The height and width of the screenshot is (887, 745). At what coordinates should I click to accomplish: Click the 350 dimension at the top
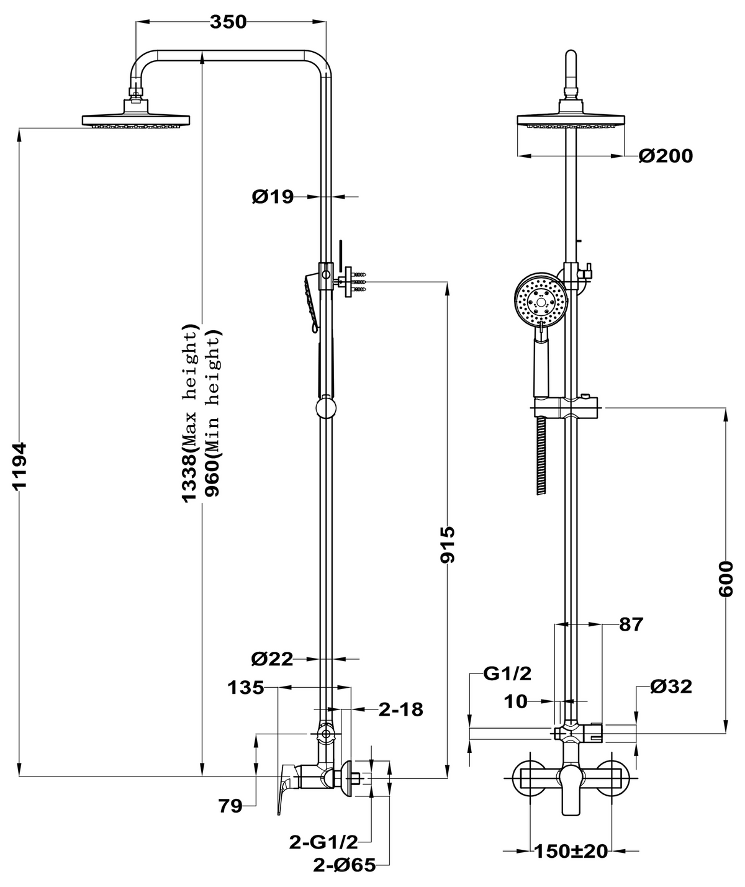pos(228,22)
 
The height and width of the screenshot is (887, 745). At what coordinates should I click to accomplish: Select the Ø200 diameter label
pos(666,156)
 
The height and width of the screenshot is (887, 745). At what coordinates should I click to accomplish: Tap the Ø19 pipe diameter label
pos(272,197)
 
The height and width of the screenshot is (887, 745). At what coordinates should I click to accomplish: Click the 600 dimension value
pos(726,579)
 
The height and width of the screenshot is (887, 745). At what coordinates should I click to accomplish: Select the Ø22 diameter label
pos(272,659)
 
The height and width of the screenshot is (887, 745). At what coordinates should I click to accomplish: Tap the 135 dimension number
pos(246,688)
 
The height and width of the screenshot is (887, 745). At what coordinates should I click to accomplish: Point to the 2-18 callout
pos(401,709)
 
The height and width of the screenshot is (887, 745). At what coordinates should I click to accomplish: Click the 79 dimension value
pos(230,806)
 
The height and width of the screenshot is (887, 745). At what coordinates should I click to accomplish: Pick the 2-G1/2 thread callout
pos(323,842)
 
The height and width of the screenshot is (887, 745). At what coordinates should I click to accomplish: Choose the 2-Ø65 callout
pos(345,865)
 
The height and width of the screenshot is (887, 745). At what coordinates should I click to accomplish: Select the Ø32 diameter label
pos(670,687)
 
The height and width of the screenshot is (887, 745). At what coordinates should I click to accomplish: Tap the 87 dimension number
pos(631,624)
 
